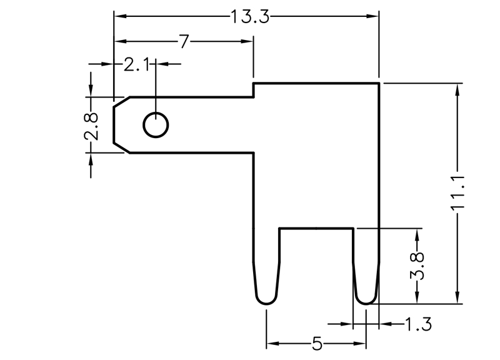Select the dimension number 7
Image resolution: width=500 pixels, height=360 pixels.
pos(183,41)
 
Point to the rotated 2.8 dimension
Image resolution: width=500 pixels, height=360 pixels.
pos(92,125)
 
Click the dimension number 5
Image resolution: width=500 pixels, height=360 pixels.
pos(317,344)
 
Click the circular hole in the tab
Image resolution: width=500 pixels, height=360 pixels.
pos(156,125)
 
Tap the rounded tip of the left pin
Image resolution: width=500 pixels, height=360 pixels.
pos(266,301)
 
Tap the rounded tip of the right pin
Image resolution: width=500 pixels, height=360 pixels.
pos(366,302)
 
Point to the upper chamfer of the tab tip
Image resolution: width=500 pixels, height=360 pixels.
pos(121,101)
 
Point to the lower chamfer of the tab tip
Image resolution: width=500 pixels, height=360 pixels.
pos(121,147)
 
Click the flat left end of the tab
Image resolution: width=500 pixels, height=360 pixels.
pos(113,124)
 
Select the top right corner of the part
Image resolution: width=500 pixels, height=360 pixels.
pos(379,82)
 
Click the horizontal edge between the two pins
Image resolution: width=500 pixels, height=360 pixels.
pos(316,229)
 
